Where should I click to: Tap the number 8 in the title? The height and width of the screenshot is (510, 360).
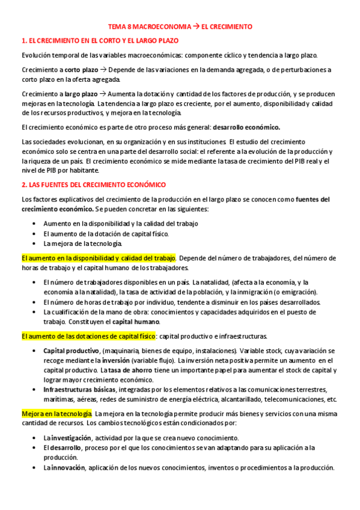136,27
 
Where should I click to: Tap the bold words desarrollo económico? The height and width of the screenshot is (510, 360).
246,127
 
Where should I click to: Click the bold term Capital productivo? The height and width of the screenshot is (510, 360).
71,350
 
